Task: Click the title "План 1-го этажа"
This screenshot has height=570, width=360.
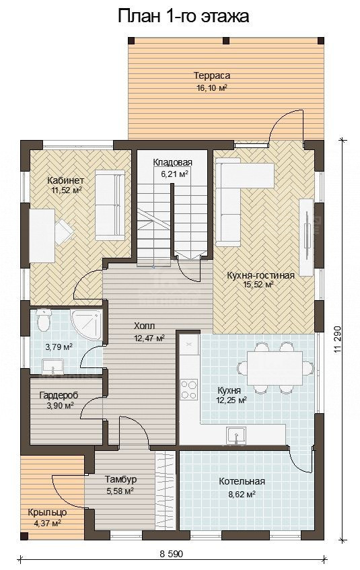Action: click(183, 16)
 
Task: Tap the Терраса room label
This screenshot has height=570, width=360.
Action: click(212, 75)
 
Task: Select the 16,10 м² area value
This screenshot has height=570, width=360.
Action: click(212, 87)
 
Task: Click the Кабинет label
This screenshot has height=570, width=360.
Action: click(66, 180)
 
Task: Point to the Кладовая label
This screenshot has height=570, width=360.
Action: click(172, 162)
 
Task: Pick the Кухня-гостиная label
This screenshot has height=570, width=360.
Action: click(260, 275)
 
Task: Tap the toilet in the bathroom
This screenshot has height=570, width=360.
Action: click(43, 319)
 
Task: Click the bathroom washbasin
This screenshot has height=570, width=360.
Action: click(53, 366)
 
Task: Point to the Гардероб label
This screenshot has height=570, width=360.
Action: click(59, 395)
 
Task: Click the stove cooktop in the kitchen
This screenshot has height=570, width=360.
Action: click(189, 390)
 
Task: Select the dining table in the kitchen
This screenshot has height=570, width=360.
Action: click(275, 368)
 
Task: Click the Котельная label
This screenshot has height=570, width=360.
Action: click(242, 481)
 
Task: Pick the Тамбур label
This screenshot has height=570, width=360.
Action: click(120, 479)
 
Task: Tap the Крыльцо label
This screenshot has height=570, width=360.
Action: click(47, 513)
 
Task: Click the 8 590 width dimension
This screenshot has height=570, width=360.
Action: click(171, 554)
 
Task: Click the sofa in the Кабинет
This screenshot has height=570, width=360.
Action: click(110, 205)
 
